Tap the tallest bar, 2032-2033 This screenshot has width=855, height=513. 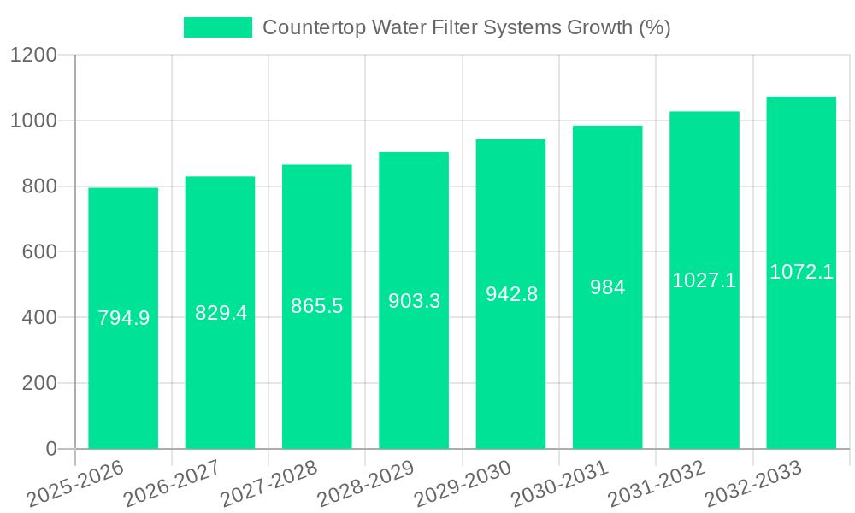click(801, 342)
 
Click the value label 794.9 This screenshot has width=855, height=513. click(123, 318)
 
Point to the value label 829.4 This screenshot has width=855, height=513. click(221, 313)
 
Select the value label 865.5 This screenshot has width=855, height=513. click(317, 306)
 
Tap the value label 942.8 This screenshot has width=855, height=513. click(511, 294)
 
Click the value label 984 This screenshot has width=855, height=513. click(607, 287)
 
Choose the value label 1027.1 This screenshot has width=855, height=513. click(705, 280)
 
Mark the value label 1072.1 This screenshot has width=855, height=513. click(801, 272)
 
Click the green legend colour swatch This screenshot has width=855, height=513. click(218, 27)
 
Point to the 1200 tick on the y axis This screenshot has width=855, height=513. click(33, 56)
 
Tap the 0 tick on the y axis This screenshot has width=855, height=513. click(50, 449)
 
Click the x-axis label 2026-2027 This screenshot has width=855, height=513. click(171, 484)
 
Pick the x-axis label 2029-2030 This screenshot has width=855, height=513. click(462, 484)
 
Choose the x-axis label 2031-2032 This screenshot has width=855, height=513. click(656, 484)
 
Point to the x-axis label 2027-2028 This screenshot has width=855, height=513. click(268, 484)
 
